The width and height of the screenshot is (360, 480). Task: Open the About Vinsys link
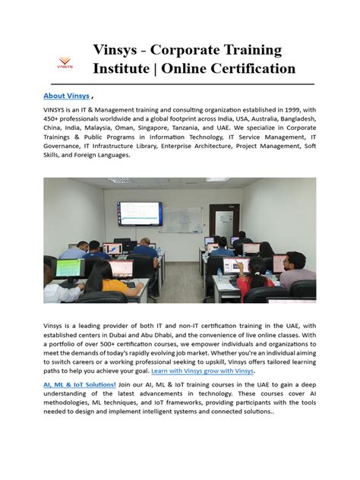66,96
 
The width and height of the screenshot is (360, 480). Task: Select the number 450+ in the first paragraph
53,119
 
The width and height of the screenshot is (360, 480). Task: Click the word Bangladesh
292,119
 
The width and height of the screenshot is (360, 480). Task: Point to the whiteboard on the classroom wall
185,219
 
